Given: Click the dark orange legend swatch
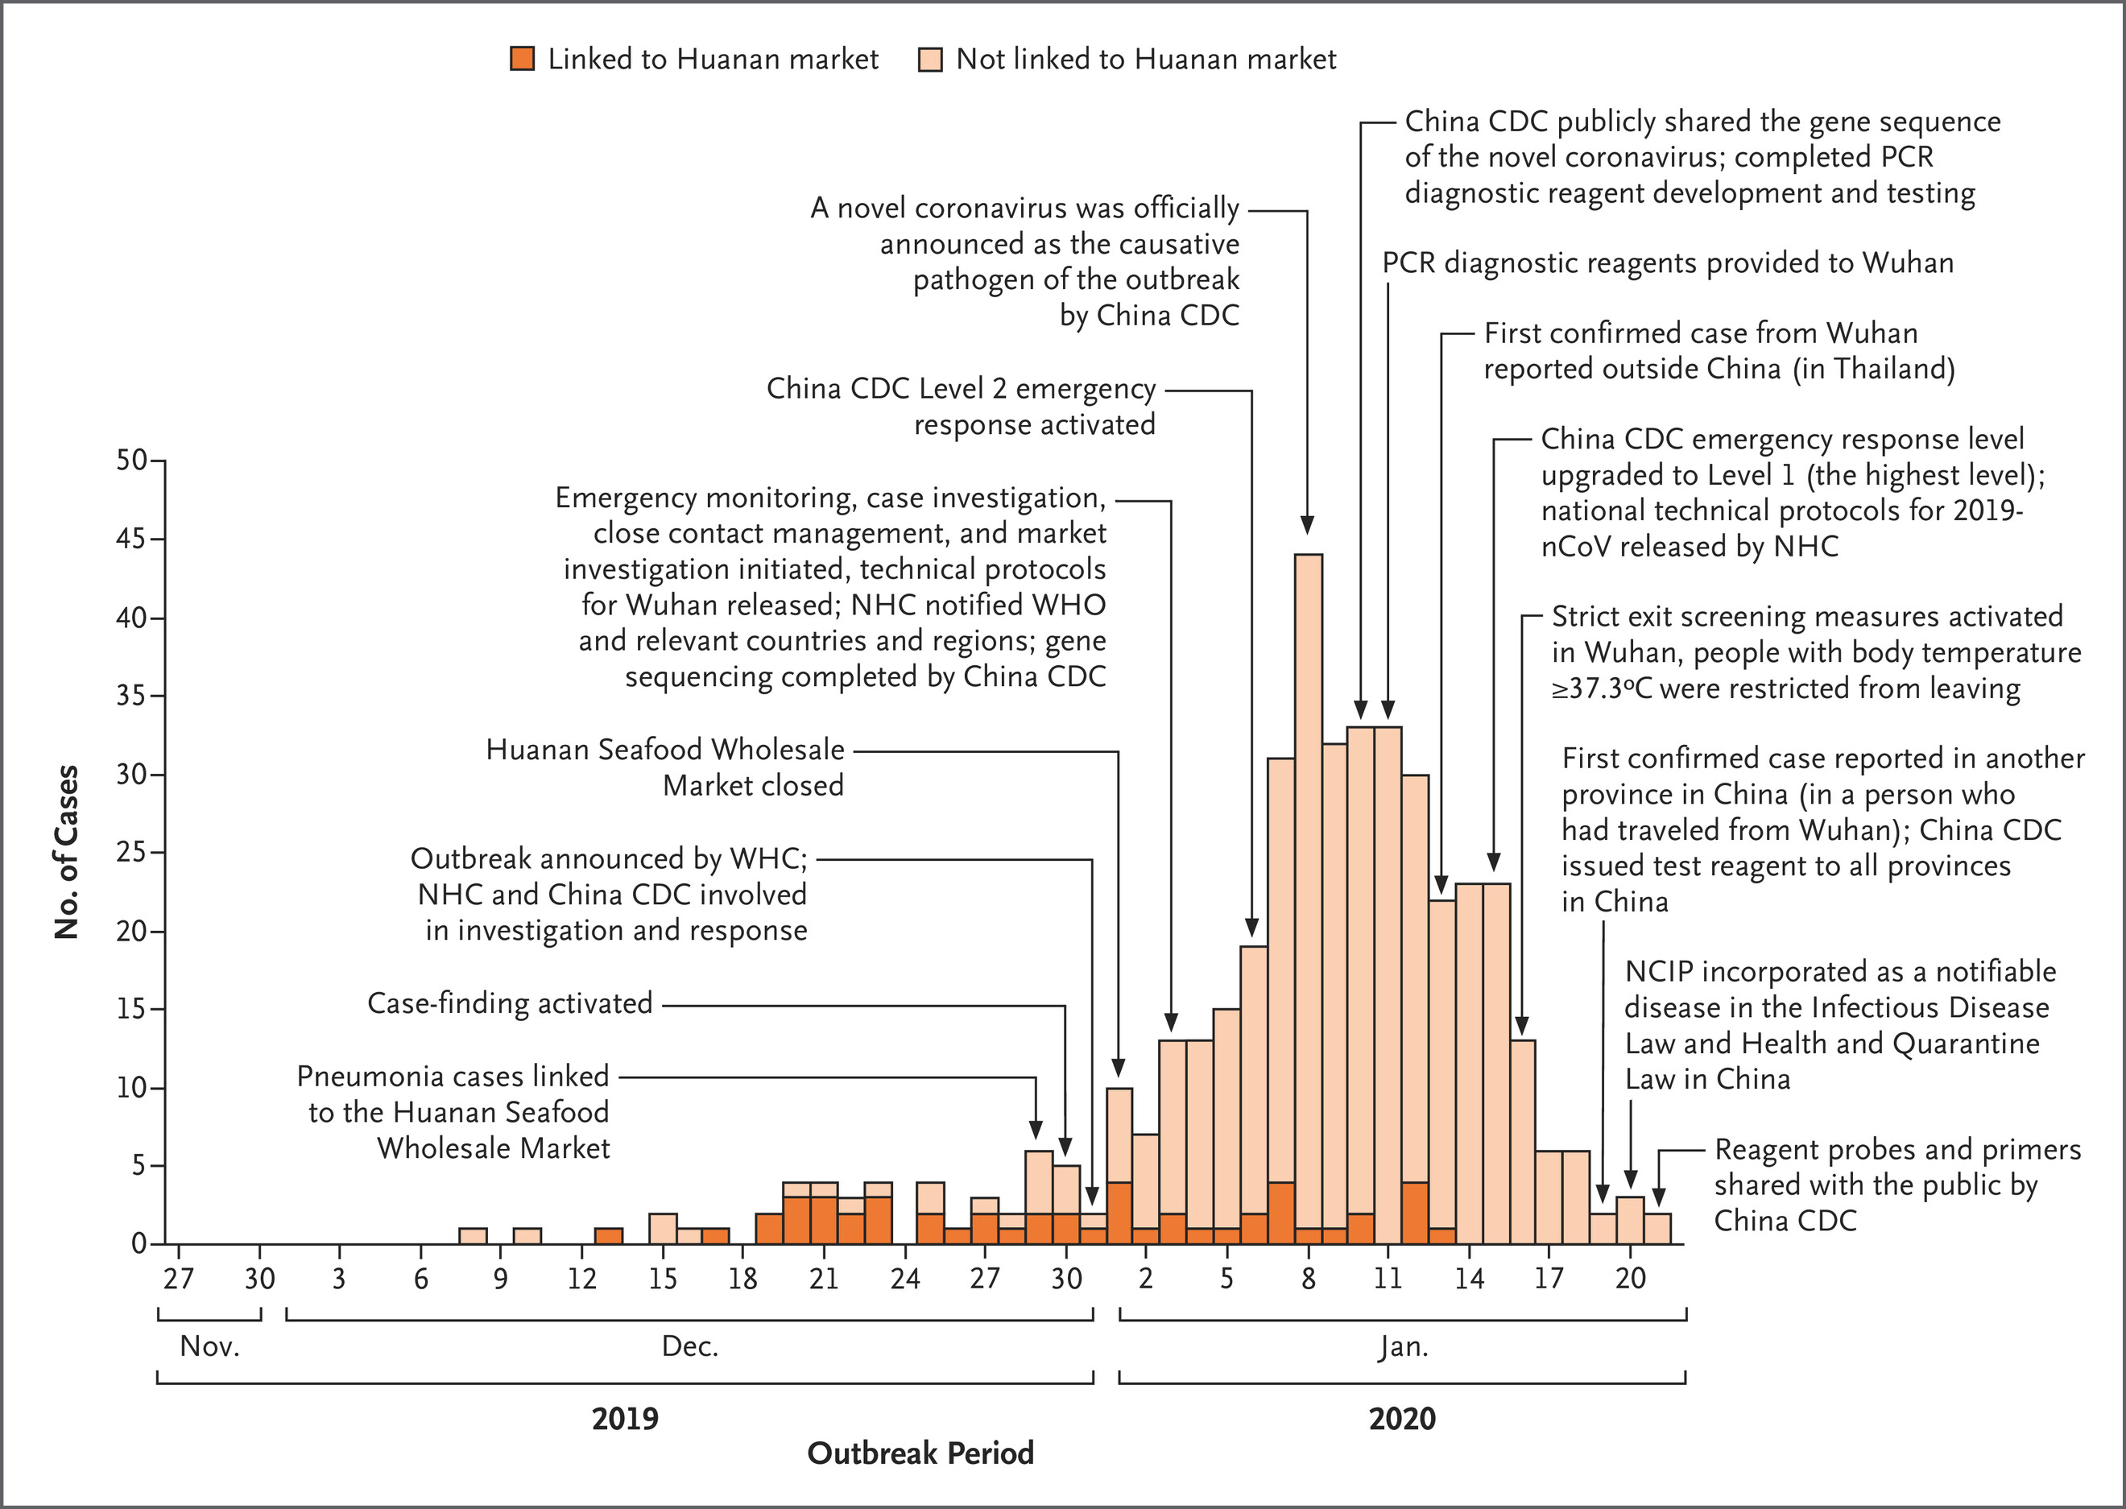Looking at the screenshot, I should point(522,60).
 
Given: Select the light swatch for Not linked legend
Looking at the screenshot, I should point(930,60).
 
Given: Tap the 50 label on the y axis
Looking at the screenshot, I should point(131,460).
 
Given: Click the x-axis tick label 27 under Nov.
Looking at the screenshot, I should point(179,1280).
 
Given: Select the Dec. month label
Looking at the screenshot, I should point(689,1346).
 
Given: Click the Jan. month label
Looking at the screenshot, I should point(1402,1346).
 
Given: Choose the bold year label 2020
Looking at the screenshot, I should point(1402,1419).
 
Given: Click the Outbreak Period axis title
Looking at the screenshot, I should point(920,1453).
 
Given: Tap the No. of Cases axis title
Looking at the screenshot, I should point(67,852).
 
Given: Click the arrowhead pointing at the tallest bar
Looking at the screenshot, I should point(1307,525).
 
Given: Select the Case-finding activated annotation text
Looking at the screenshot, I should point(510,1003).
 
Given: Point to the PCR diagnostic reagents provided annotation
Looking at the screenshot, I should point(1667,263).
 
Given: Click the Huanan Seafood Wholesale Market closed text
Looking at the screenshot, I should point(665,767).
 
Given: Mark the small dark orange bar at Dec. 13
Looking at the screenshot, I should point(609,1236).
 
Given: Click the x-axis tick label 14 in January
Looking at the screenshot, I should point(1469,1280).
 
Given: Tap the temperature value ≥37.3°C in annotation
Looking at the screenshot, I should point(1602,689).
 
